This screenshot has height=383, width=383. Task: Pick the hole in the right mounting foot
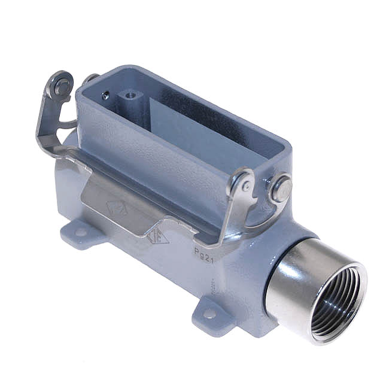coord(210,314)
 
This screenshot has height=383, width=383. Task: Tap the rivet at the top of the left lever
coord(62,85)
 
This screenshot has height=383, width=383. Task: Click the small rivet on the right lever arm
coord(246,186)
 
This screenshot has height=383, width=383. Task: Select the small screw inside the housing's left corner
coord(106,95)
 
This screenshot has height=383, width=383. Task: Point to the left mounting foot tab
coord(77,234)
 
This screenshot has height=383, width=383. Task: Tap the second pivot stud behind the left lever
coord(91,78)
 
